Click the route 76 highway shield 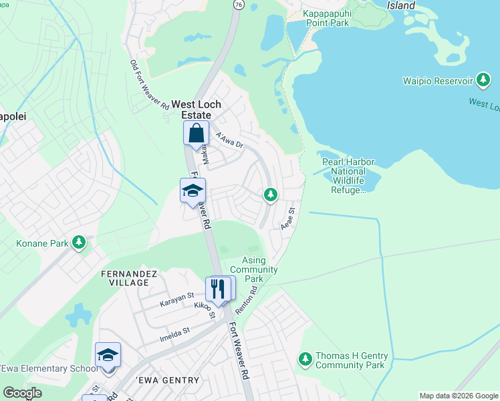coord(238,4)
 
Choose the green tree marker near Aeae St coord(270,194)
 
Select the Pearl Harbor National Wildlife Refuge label coord(348,176)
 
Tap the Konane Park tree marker coord(80,242)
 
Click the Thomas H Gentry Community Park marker coord(305,360)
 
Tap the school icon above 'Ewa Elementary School coord(108,354)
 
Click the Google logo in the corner coord(23,393)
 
